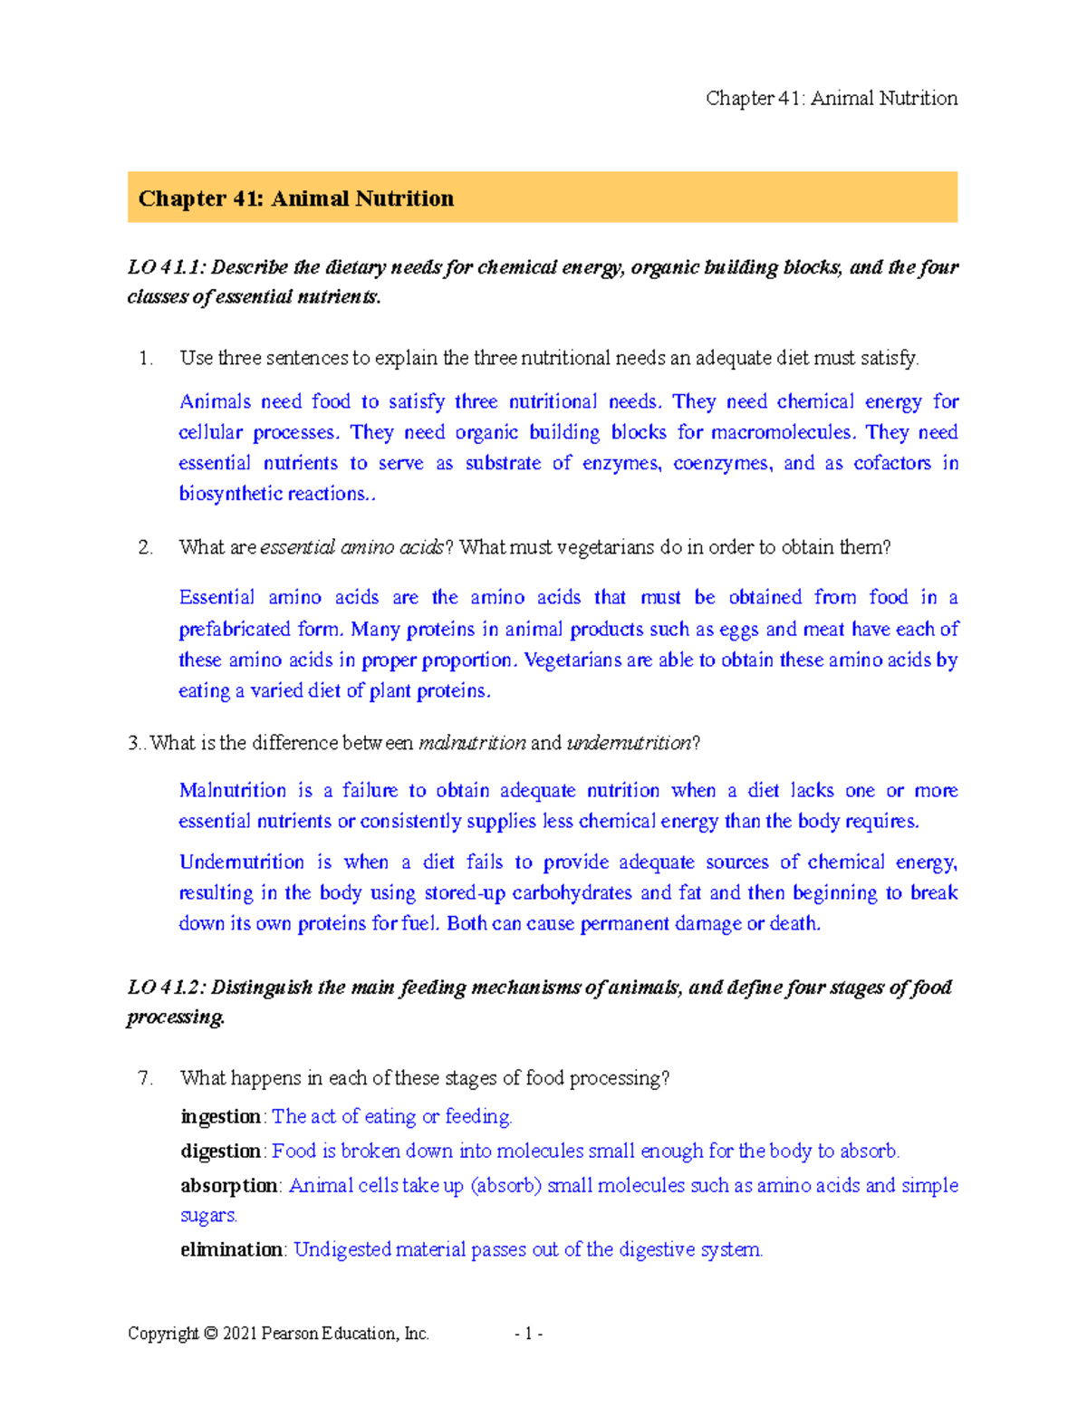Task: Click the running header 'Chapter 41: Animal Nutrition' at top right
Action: [x=831, y=99]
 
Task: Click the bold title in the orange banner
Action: [x=295, y=198]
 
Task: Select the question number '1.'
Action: [x=146, y=359]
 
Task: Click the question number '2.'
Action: [x=146, y=547]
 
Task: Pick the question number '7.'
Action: [x=146, y=1078]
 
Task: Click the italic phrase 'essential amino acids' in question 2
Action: [x=352, y=547]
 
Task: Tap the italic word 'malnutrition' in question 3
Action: [x=472, y=743]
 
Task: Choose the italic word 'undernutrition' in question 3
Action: [x=629, y=743]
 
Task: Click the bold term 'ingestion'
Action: [x=221, y=1117]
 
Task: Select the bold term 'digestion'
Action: [x=221, y=1152]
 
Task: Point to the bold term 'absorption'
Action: [x=229, y=1186]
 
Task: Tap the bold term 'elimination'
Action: [x=232, y=1250]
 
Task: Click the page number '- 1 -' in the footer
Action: [x=528, y=1334]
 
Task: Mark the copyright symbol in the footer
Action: [x=211, y=1334]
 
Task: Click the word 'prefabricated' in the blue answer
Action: [x=235, y=630]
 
